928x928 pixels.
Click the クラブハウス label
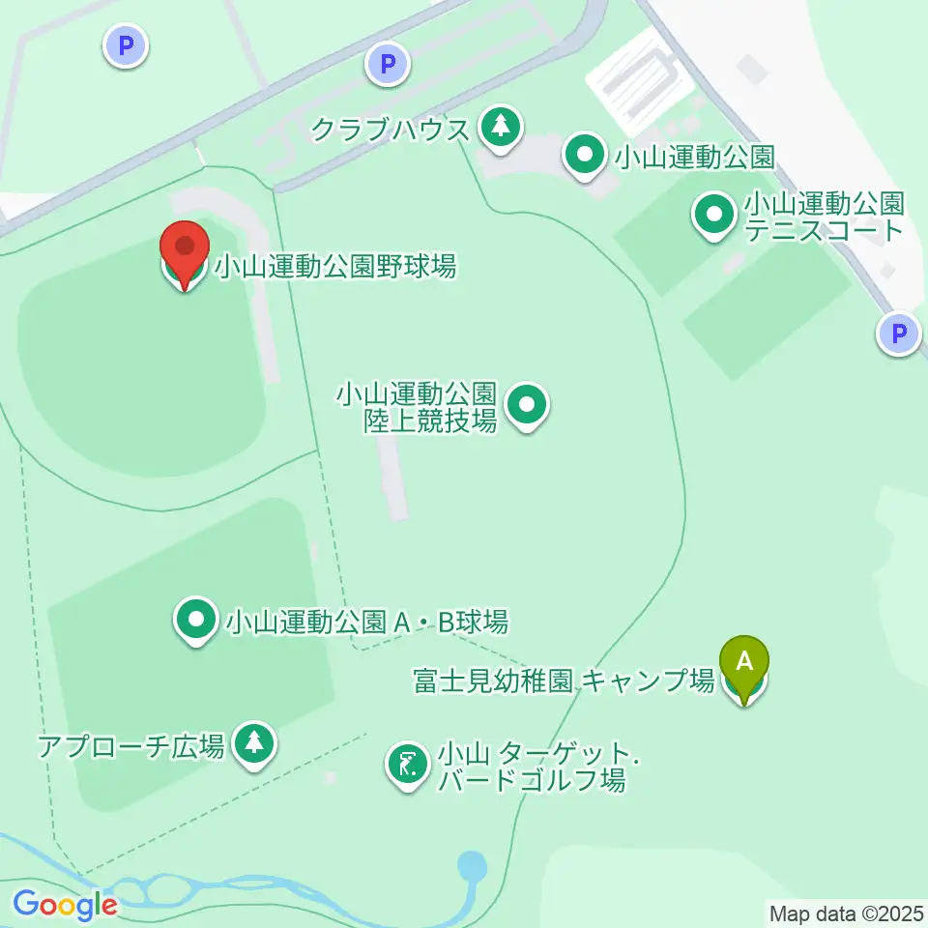[x=391, y=130]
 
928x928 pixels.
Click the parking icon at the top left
[x=126, y=44]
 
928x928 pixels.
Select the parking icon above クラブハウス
[x=388, y=65]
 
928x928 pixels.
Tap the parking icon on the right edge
[x=899, y=334]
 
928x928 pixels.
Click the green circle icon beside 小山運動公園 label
[x=585, y=156]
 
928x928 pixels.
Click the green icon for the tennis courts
[x=715, y=216]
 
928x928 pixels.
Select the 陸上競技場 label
[x=417, y=407]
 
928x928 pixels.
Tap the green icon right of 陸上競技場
[x=528, y=406]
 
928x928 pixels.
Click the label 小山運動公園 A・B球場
[x=366, y=622]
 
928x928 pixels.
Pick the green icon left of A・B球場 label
[x=196, y=622]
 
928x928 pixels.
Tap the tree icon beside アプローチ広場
[x=254, y=743]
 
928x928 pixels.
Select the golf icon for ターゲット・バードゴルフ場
[x=408, y=766]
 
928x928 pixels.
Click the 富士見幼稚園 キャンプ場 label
[x=564, y=681]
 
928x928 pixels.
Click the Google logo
[x=65, y=906]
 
